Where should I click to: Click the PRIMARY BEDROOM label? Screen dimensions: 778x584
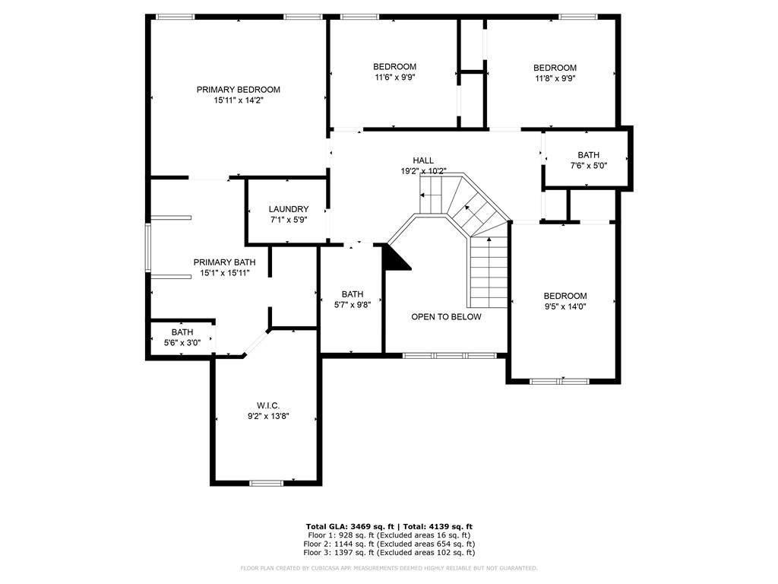(238, 90)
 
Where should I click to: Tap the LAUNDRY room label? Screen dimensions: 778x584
(289, 209)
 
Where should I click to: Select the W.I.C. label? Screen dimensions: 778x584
(268, 406)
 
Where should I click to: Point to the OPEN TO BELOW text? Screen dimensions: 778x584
(446, 317)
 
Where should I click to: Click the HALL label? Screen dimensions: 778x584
(423, 160)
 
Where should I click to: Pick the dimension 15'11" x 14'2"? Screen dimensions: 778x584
(238, 100)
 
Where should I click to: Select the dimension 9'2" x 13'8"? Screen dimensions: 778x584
(268, 416)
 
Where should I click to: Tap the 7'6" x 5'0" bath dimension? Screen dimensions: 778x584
(589, 165)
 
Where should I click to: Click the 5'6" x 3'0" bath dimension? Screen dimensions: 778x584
(182, 343)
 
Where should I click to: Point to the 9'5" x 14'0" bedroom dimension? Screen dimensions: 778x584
(565, 306)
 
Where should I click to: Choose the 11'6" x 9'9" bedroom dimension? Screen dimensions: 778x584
(395, 77)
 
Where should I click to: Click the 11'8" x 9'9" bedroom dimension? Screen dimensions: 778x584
(555, 78)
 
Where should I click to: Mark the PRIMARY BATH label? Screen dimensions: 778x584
(225, 262)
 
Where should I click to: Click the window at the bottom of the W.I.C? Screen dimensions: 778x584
(267, 483)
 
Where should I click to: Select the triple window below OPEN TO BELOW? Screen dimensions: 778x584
(449, 356)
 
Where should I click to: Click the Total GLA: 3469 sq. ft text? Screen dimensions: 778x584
(349, 526)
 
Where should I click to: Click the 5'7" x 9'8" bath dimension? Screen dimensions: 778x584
(353, 305)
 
